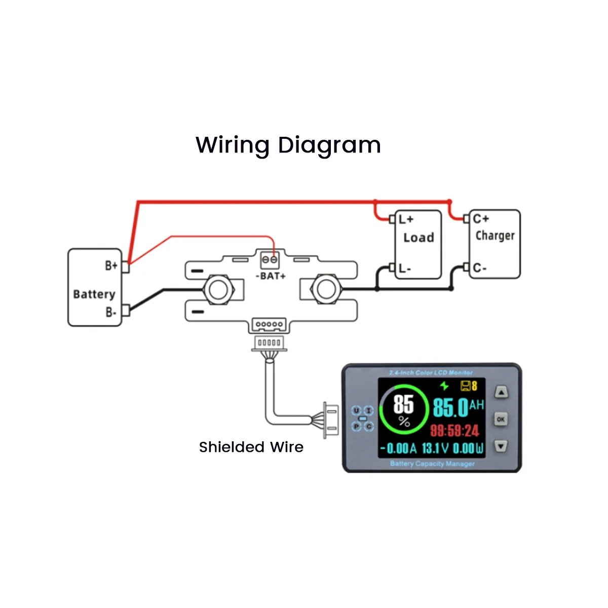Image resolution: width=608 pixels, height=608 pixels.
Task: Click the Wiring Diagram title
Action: (288, 145)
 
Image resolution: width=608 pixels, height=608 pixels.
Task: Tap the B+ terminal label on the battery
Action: (111, 265)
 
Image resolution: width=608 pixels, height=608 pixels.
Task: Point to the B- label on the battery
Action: (111, 312)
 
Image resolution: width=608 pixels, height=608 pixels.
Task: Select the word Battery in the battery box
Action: (94, 294)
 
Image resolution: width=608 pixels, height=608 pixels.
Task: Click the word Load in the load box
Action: (419, 238)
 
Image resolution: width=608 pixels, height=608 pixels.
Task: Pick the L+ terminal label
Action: (406, 219)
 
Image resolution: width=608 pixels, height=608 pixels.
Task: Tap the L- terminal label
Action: (404, 269)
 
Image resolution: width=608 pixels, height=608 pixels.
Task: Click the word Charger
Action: (495, 236)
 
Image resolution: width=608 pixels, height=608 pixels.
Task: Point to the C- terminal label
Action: (479, 268)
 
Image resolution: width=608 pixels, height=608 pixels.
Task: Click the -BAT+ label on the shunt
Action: (271, 276)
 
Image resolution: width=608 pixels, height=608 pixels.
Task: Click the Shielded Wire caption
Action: (251, 447)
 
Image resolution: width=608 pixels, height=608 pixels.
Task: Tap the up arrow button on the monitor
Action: (501, 392)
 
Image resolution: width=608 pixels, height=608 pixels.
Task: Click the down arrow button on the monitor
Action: (501, 446)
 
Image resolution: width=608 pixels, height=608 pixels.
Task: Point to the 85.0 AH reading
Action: (458, 407)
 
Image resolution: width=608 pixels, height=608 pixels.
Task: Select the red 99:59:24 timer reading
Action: (454, 431)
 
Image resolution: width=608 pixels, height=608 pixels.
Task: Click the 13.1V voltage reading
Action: (435, 448)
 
